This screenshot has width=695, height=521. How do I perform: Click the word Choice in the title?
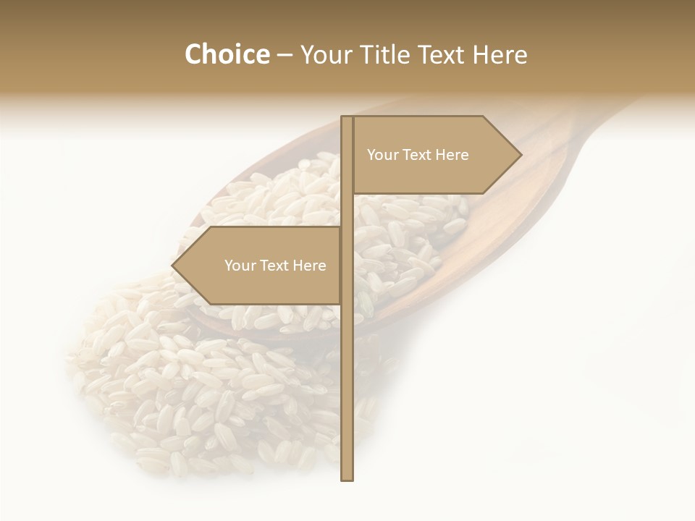[227, 55]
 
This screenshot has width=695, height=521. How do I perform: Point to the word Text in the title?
[443, 55]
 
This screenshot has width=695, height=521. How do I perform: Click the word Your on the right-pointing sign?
[382, 155]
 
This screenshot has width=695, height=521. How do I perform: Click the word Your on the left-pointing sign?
[239, 266]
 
